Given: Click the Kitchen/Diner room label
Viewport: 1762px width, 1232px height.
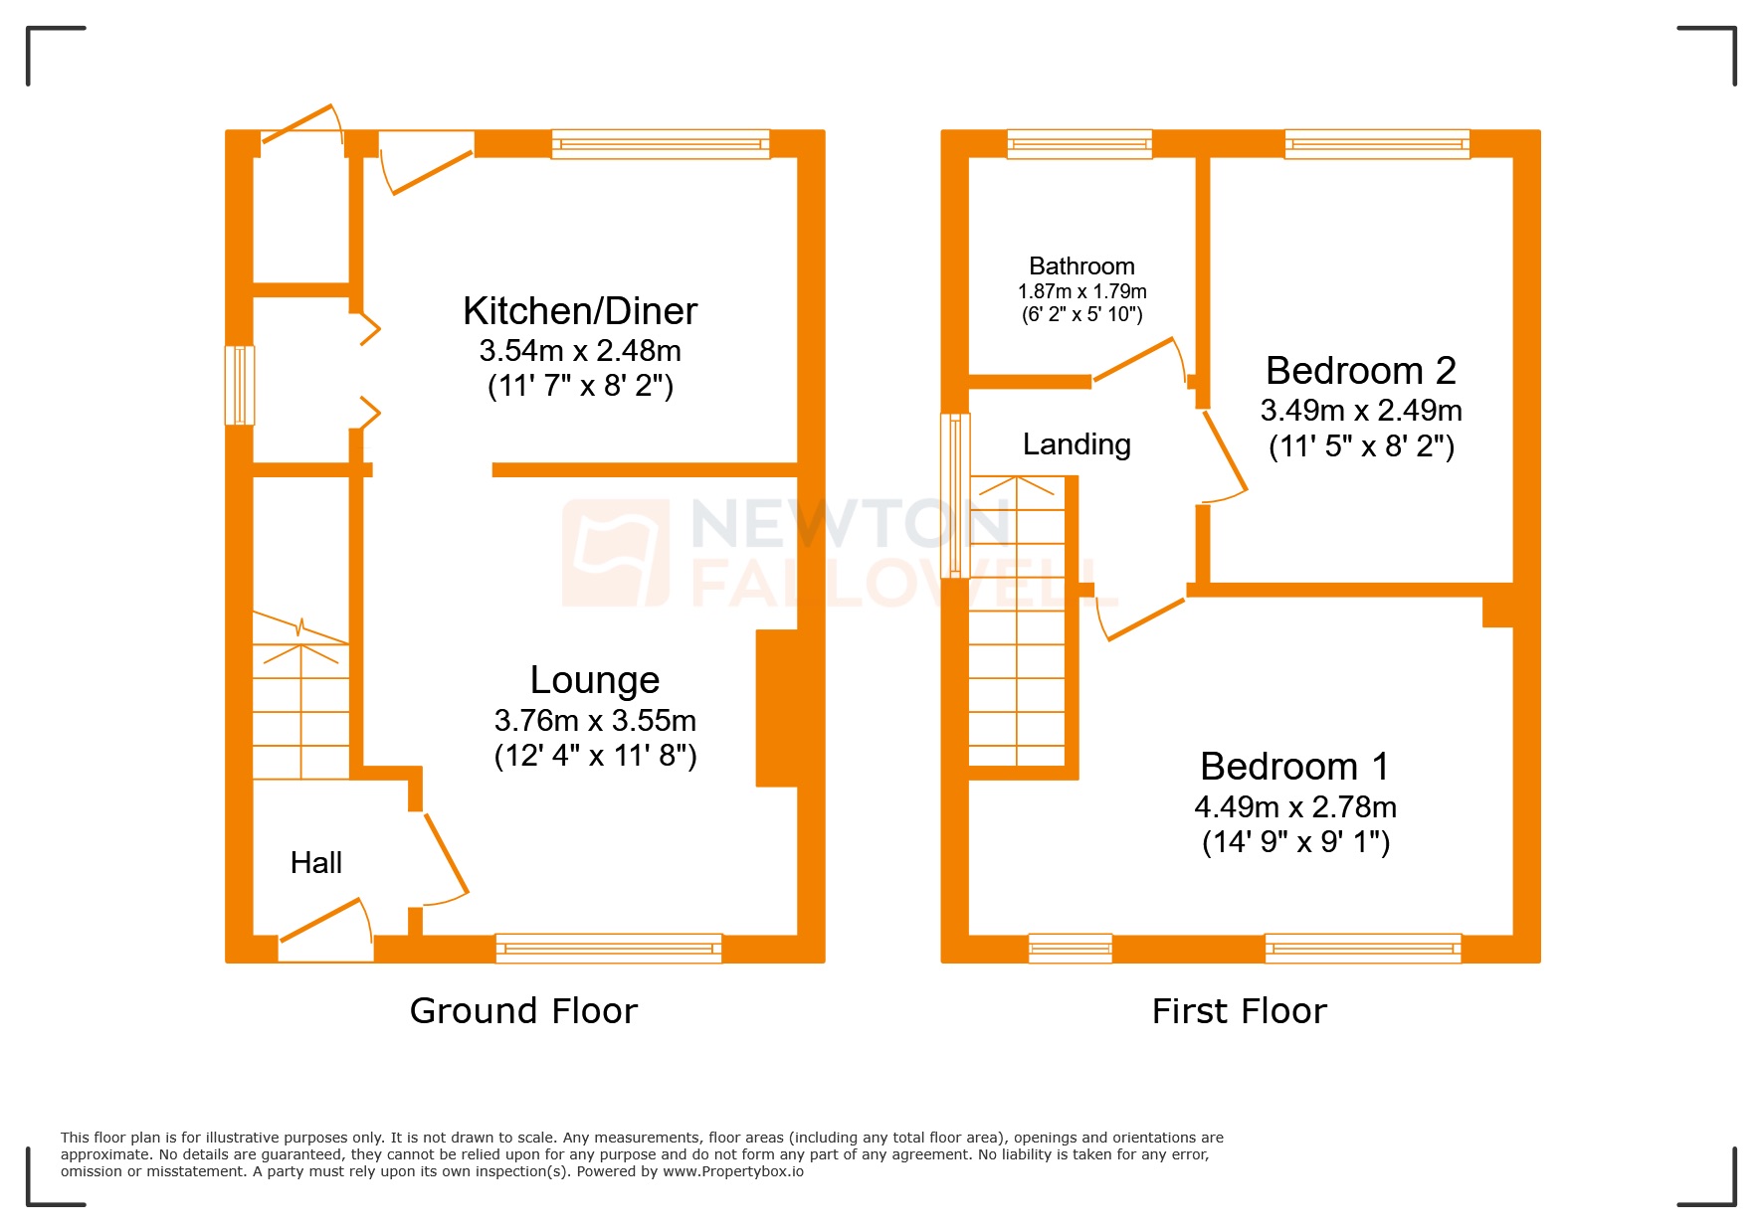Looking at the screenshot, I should tap(580, 311).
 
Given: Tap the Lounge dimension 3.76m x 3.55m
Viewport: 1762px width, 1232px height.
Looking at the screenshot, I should tap(595, 720).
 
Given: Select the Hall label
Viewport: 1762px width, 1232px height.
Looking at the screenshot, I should tap(315, 862).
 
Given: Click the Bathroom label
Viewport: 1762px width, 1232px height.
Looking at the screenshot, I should tap(1081, 265).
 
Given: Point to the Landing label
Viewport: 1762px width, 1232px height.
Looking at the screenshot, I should tap(1077, 443).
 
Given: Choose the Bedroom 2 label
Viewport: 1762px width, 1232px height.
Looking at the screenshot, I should tap(1360, 371).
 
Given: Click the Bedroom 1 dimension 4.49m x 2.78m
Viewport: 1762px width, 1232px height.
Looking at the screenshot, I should tap(1294, 806).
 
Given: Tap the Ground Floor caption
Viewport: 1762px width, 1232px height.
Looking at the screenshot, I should tap(523, 1010).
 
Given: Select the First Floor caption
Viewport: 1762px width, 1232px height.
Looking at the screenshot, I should tap(1239, 1010).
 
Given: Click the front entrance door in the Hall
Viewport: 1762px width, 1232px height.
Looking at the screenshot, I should tap(320, 920).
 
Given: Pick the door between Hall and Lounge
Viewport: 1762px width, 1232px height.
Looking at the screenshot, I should tap(446, 854).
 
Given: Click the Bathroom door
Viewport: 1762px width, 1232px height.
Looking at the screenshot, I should tap(1134, 359).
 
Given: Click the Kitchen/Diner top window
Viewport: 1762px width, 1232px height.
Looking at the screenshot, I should tap(661, 144).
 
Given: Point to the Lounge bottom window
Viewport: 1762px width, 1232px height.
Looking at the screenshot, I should tap(609, 949).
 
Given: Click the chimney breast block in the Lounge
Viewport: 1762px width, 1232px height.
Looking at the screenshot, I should tap(778, 708).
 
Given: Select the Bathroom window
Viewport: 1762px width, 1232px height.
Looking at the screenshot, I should tap(1079, 144).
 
